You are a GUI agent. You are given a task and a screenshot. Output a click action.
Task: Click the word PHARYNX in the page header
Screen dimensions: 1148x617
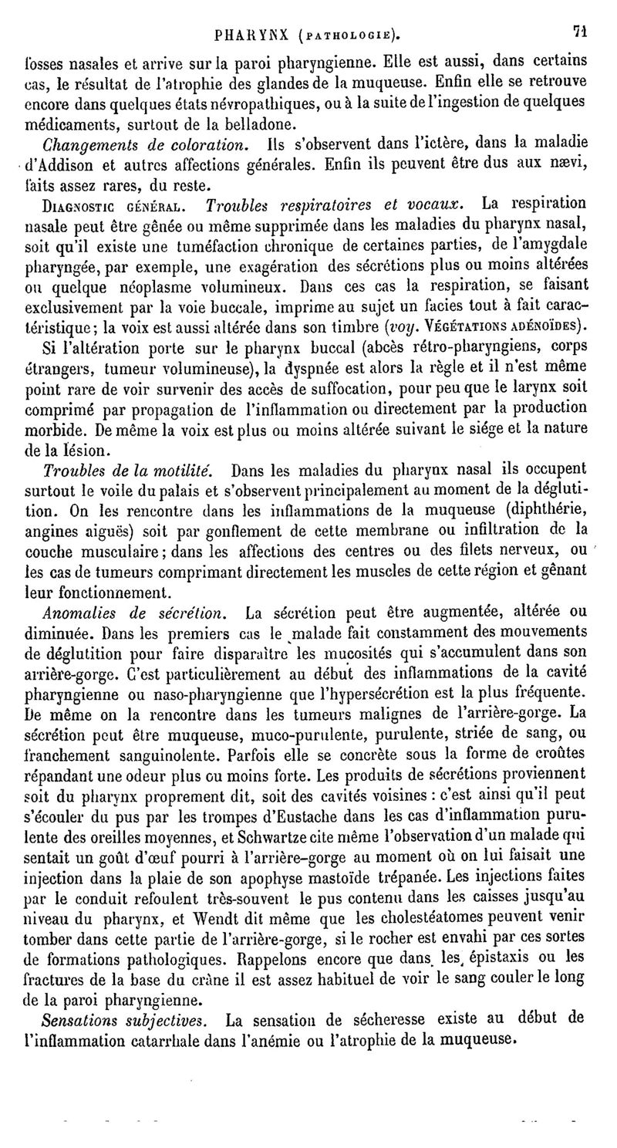[x=253, y=34]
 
